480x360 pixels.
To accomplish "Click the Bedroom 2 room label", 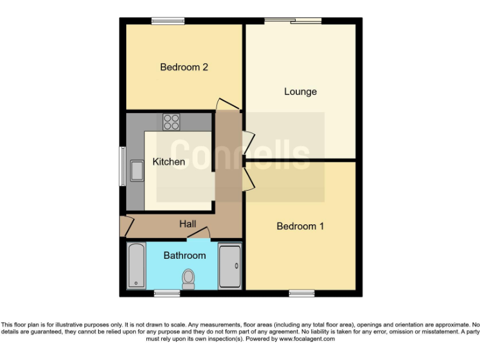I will (x=184, y=67).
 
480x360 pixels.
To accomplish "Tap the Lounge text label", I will (x=300, y=91).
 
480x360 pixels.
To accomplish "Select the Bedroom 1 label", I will (x=300, y=226).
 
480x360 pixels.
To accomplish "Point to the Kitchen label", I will (x=169, y=162).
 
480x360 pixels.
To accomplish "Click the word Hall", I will (x=187, y=224).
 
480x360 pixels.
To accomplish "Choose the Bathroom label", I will (x=184, y=256).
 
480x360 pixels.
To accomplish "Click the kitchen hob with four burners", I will (x=171, y=122).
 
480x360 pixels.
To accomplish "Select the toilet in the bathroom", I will (x=188, y=278).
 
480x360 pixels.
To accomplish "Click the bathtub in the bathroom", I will (x=136, y=266).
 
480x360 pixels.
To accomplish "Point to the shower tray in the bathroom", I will (x=230, y=266).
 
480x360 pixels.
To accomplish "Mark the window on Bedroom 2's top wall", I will (x=167, y=21).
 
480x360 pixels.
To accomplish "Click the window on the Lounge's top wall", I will (x=293, y=21).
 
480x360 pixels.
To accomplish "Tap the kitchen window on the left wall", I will (x=122, y=166).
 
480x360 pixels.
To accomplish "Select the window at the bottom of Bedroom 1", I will (x=302, y=292).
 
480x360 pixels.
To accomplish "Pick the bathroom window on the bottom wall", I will (x=167, y=292).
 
